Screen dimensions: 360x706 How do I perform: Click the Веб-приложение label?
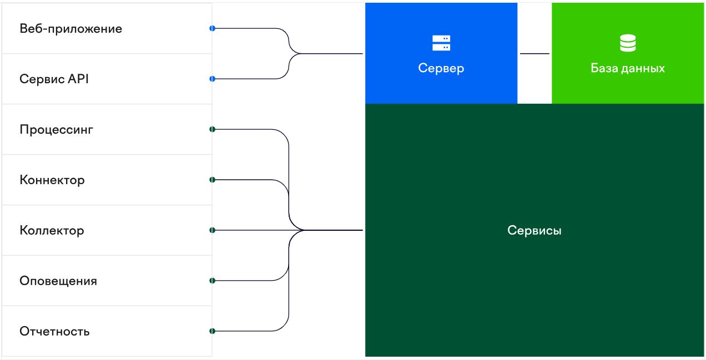70,29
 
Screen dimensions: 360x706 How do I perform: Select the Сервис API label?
54,79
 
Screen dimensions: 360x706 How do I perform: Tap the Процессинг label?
56,130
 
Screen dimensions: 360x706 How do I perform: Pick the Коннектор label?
52,180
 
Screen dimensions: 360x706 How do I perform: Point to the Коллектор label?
52,231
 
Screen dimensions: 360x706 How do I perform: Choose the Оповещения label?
58,281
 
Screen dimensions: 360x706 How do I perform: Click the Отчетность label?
54,332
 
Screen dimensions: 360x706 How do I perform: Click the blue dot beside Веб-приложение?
212,28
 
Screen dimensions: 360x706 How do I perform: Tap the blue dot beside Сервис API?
212,79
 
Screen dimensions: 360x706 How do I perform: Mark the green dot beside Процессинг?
212,129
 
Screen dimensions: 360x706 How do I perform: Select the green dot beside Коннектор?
212,180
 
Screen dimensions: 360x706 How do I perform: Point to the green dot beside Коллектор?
212,230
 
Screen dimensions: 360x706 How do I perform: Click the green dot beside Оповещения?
212,281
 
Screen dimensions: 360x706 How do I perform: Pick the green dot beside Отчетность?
212,331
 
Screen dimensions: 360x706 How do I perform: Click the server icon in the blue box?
441,43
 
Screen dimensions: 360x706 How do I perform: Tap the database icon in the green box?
628,43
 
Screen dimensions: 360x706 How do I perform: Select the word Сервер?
441,68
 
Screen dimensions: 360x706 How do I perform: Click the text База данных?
628,69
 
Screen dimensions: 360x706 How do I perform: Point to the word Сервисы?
534,230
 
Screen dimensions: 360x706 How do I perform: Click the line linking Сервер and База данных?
534,54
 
